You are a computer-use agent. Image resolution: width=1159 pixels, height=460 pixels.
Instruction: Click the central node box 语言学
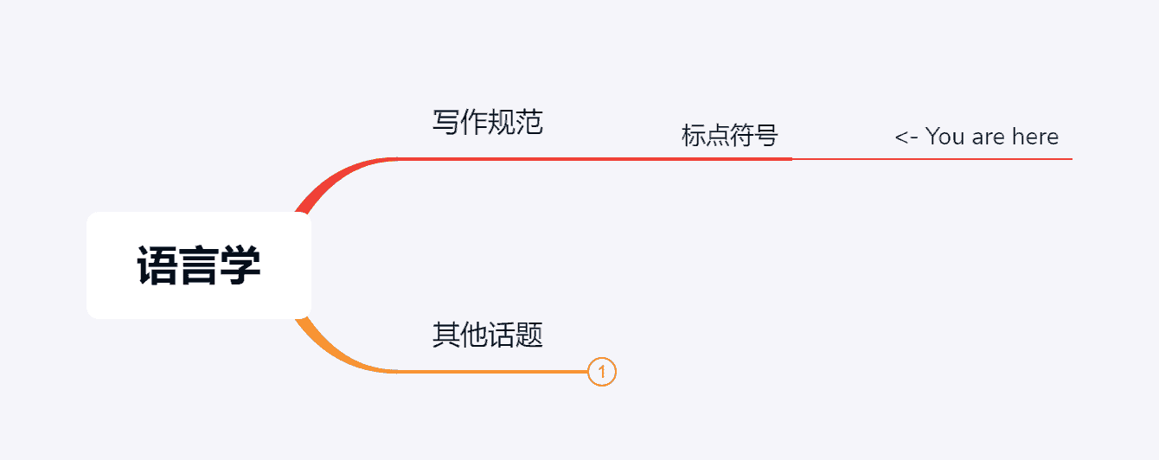point(198,265)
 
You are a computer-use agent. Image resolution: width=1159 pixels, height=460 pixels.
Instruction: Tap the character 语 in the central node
point(157,265)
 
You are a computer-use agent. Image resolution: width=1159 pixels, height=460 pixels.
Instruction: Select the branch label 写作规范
point(488,122)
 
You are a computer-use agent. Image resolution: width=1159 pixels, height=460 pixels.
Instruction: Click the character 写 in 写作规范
point(446,122)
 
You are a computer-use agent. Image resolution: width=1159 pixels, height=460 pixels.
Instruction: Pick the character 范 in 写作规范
point(529,122)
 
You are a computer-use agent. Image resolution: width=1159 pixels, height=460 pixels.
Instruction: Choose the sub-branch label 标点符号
point(730,136)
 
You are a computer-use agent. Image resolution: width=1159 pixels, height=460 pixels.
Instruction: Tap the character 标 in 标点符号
point(694,136)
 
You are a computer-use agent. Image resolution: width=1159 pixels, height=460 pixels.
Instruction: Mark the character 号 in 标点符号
point(766,136)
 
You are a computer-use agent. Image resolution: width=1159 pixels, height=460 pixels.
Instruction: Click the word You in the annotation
point(945,137)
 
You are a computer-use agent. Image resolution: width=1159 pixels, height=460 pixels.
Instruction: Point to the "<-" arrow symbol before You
point(906,137)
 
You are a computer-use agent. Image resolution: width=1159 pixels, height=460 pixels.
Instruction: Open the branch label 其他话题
point(488,335)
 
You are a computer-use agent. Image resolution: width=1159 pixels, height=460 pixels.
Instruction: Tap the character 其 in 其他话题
point(446,335)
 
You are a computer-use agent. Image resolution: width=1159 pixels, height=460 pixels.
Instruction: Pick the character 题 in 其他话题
point(529,335)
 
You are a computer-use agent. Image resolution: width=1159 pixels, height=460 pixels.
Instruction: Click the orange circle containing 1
point(601,372)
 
